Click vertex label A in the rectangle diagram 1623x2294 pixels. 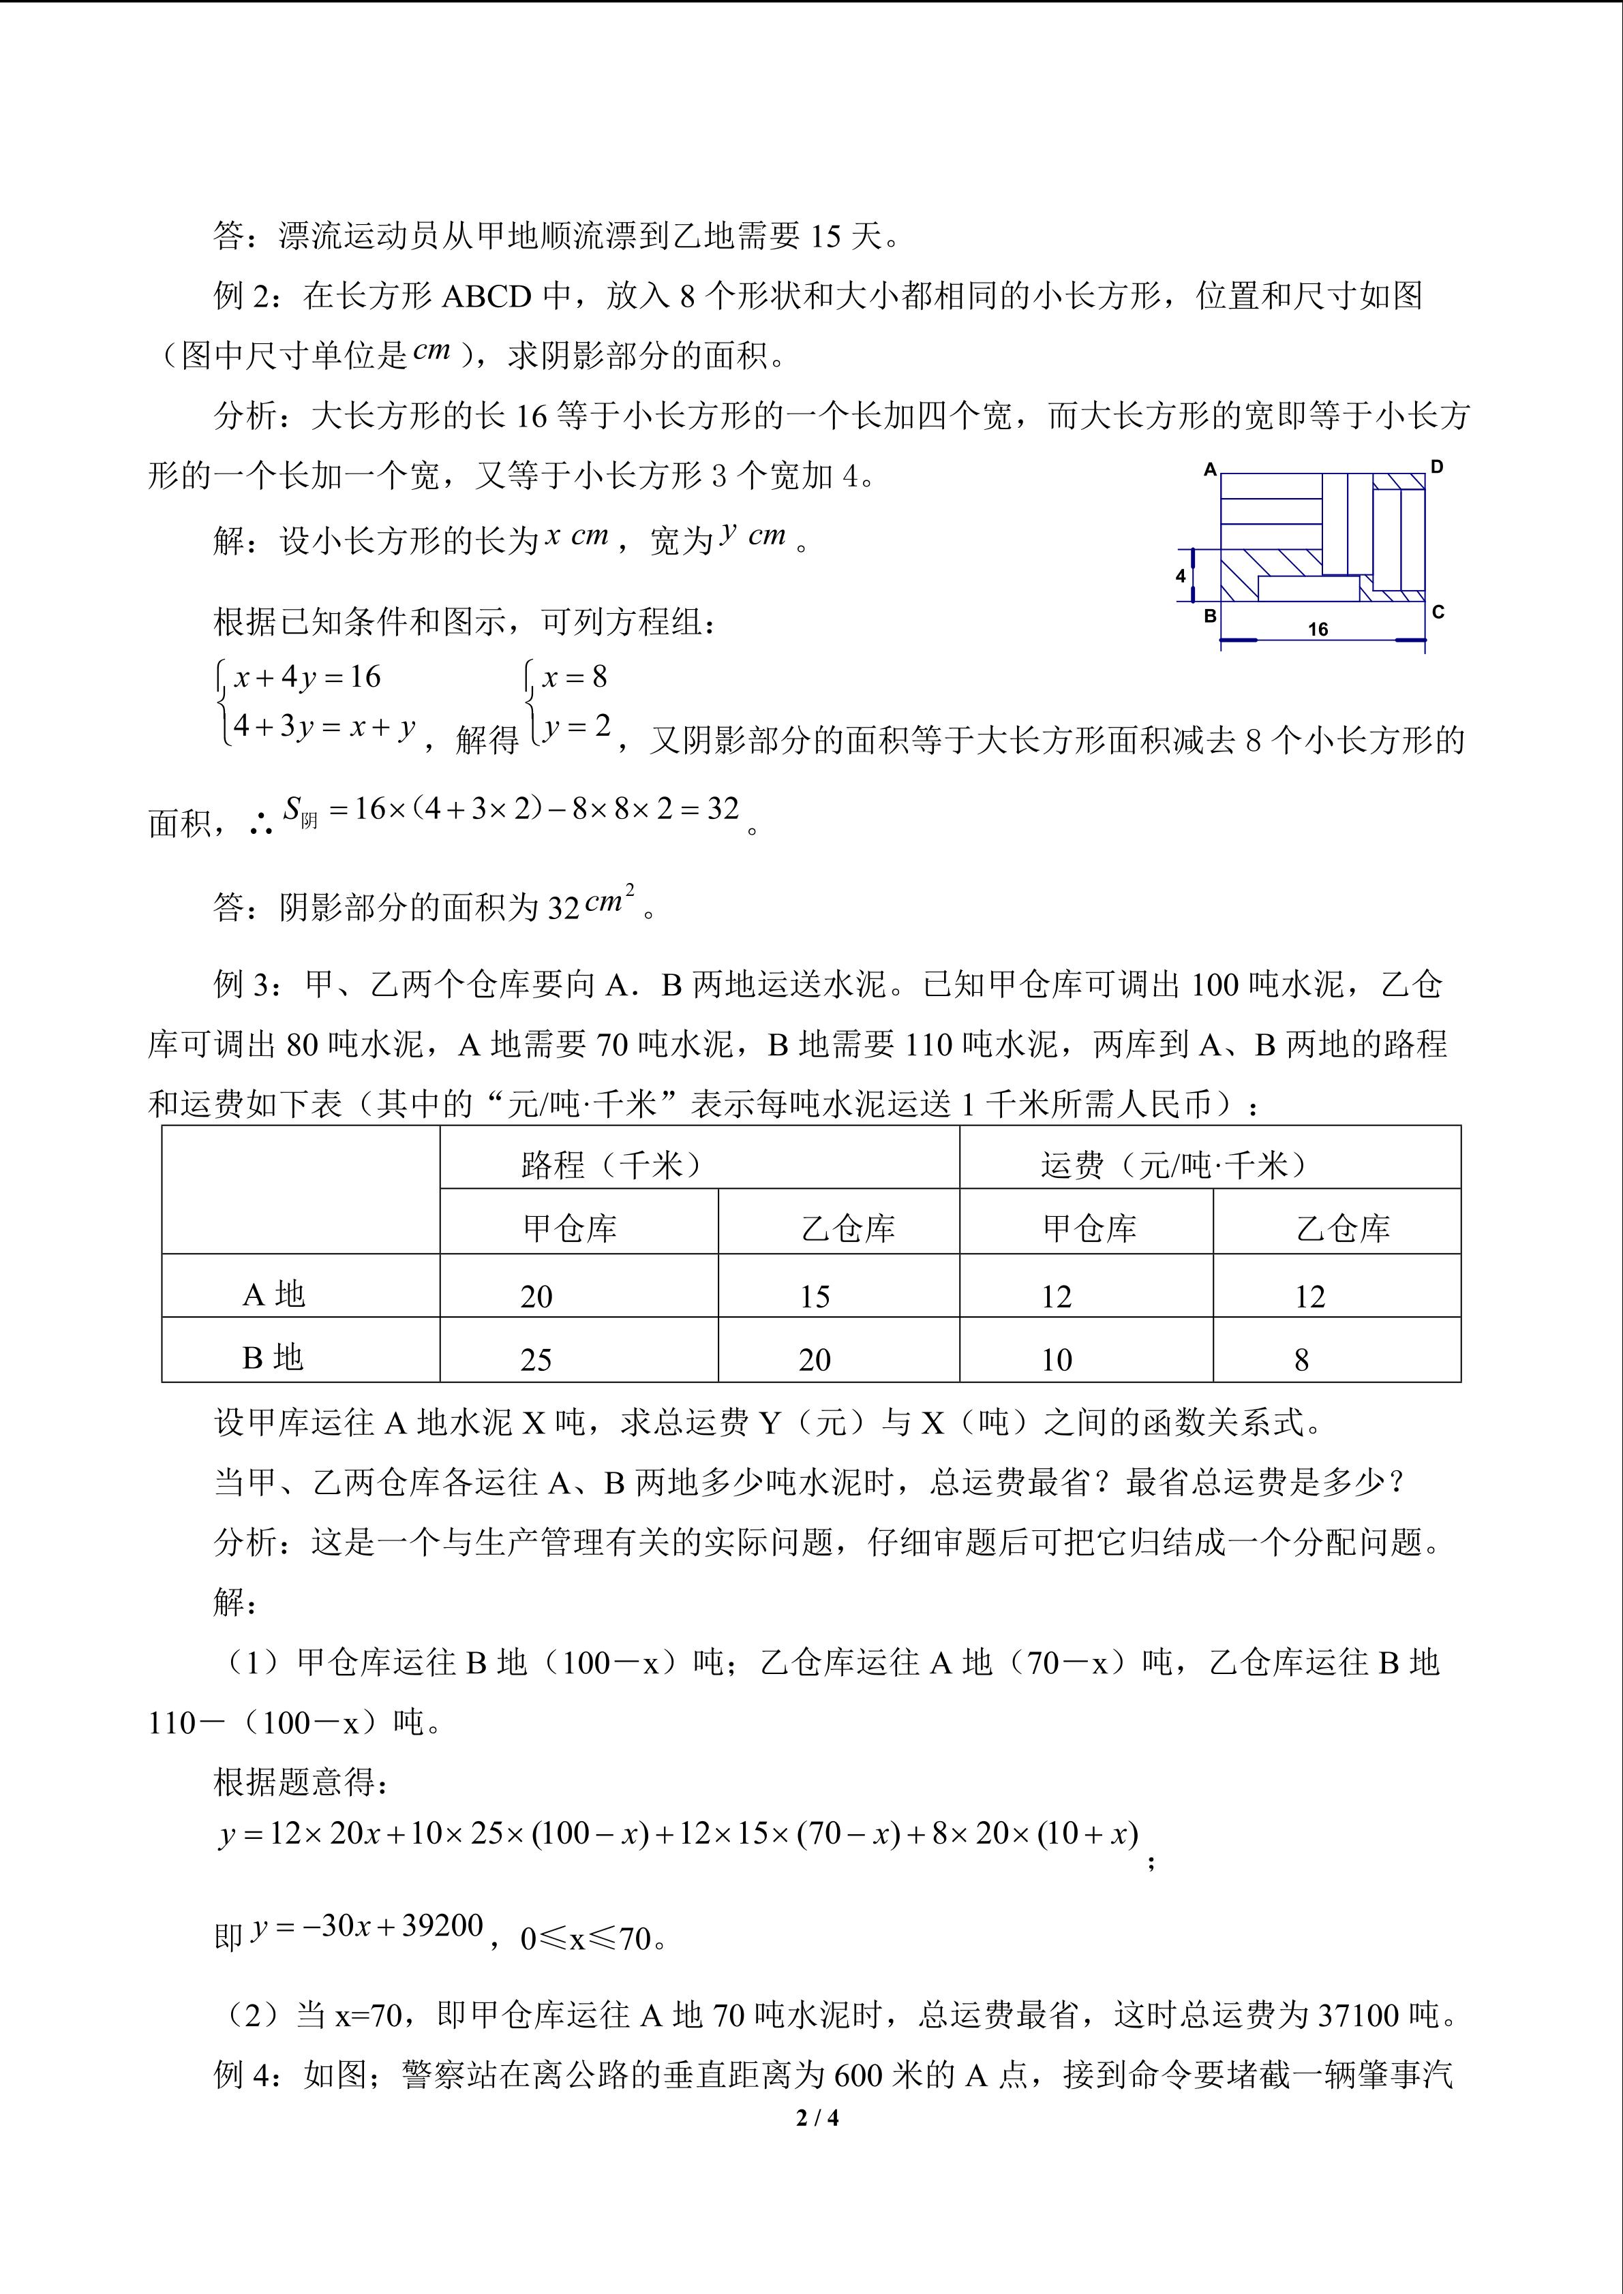pyautogui.click(x=1210, y=469)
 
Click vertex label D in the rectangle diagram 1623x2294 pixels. pyautogui.click(x=1437, y=467)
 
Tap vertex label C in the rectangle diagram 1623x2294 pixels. pyautogui.click(x=1438, y=611)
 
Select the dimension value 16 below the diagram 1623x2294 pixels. pyautogui.click(x=1318, y=630)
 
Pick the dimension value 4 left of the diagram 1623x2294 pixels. pyautogui.click(x=1181, y=576)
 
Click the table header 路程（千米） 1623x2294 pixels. pyautogui.click(x=611, y=1164)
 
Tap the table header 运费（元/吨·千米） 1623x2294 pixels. pyautogui.click(x=1174, y=1164)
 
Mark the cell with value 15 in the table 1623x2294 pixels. pyautogui.click(x=815, y=1297)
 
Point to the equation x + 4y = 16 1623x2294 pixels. pyautogui.click(x=307, y=677)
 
